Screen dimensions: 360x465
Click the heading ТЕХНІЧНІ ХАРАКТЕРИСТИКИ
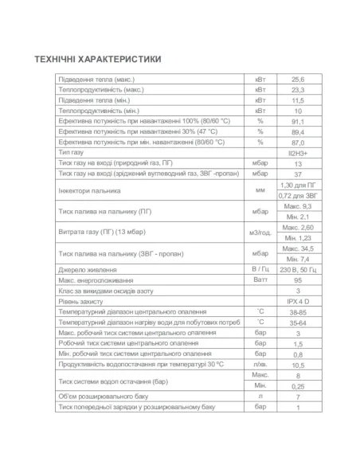pyautogui.click(x=98, y=60)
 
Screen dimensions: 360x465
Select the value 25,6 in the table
pyautogui.click(x=299, y=80)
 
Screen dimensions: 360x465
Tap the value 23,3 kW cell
pyautogui.click(x=299, y=91)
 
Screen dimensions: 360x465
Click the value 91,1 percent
pyautogui.click(x=299, y=121)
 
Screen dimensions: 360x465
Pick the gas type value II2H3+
pyautogui.click(x=299, y=150)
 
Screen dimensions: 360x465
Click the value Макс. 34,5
pyautogui.click(x=299, y=248)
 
